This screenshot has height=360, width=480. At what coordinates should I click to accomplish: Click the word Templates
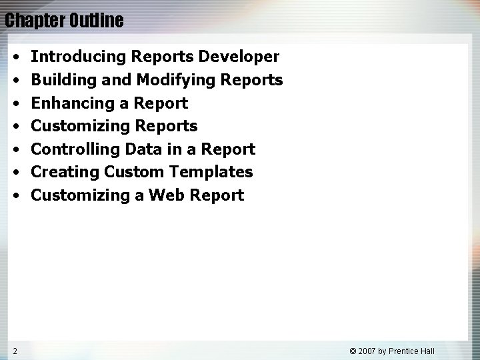[213, 172]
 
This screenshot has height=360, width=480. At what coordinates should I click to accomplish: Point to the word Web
[167, 195]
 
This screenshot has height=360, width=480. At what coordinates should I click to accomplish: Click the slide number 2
[14, 351]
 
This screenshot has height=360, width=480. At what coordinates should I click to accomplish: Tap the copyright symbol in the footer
[354, 351]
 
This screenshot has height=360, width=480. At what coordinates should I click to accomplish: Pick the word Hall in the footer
[444, 351]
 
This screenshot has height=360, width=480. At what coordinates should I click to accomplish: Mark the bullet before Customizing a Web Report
[15, 195]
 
